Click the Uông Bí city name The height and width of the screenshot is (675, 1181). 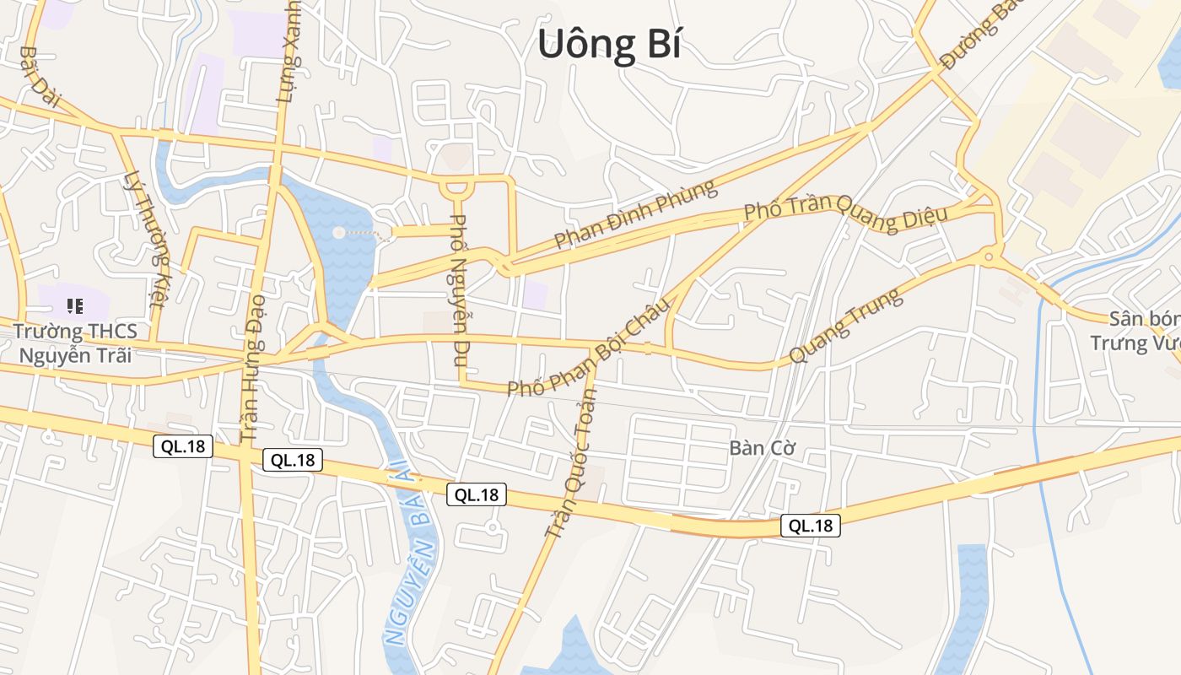[x=609, y=45]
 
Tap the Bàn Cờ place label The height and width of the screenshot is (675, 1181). [x=763, y=448]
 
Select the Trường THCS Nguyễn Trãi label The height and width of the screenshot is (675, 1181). [x=75, y=343]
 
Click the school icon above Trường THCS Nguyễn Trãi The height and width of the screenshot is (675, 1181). [x=74, y=305]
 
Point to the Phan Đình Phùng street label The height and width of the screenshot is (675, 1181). [x=635, y=214]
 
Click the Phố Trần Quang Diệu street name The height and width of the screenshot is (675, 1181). [x=845, y=211]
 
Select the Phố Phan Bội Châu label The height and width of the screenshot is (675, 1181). [x=591, y=345]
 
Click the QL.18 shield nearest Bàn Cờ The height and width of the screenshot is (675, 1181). [x=810, y=526]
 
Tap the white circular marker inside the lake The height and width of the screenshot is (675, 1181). [x=338, y=232]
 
